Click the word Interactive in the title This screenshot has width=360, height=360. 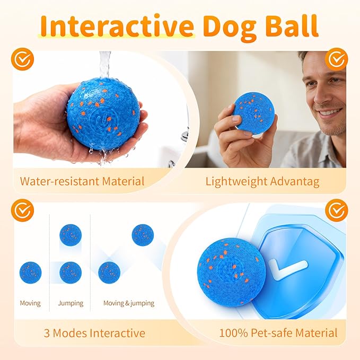[117, 26]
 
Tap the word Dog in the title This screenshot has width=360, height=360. [230, 28]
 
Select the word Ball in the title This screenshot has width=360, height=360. [292, 25]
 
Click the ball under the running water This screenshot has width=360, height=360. [103, 114]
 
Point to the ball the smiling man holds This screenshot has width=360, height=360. [253, 113]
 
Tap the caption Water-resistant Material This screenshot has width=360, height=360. [82, 181]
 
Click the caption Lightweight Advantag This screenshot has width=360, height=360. [262, 182]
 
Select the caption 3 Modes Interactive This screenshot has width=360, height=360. [94, 333]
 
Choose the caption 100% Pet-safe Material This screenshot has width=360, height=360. [278, 333]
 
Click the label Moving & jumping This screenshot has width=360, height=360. [129, 303]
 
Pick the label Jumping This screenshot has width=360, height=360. [71, 303]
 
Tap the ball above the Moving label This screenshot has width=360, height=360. [31, 273]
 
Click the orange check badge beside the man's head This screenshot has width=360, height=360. [337, 59]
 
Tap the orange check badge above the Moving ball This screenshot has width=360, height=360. [22, 210]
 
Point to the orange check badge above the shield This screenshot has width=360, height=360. [337, 210]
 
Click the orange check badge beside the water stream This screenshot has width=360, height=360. [22, 59]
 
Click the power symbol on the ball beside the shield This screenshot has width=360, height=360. [230, 271]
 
